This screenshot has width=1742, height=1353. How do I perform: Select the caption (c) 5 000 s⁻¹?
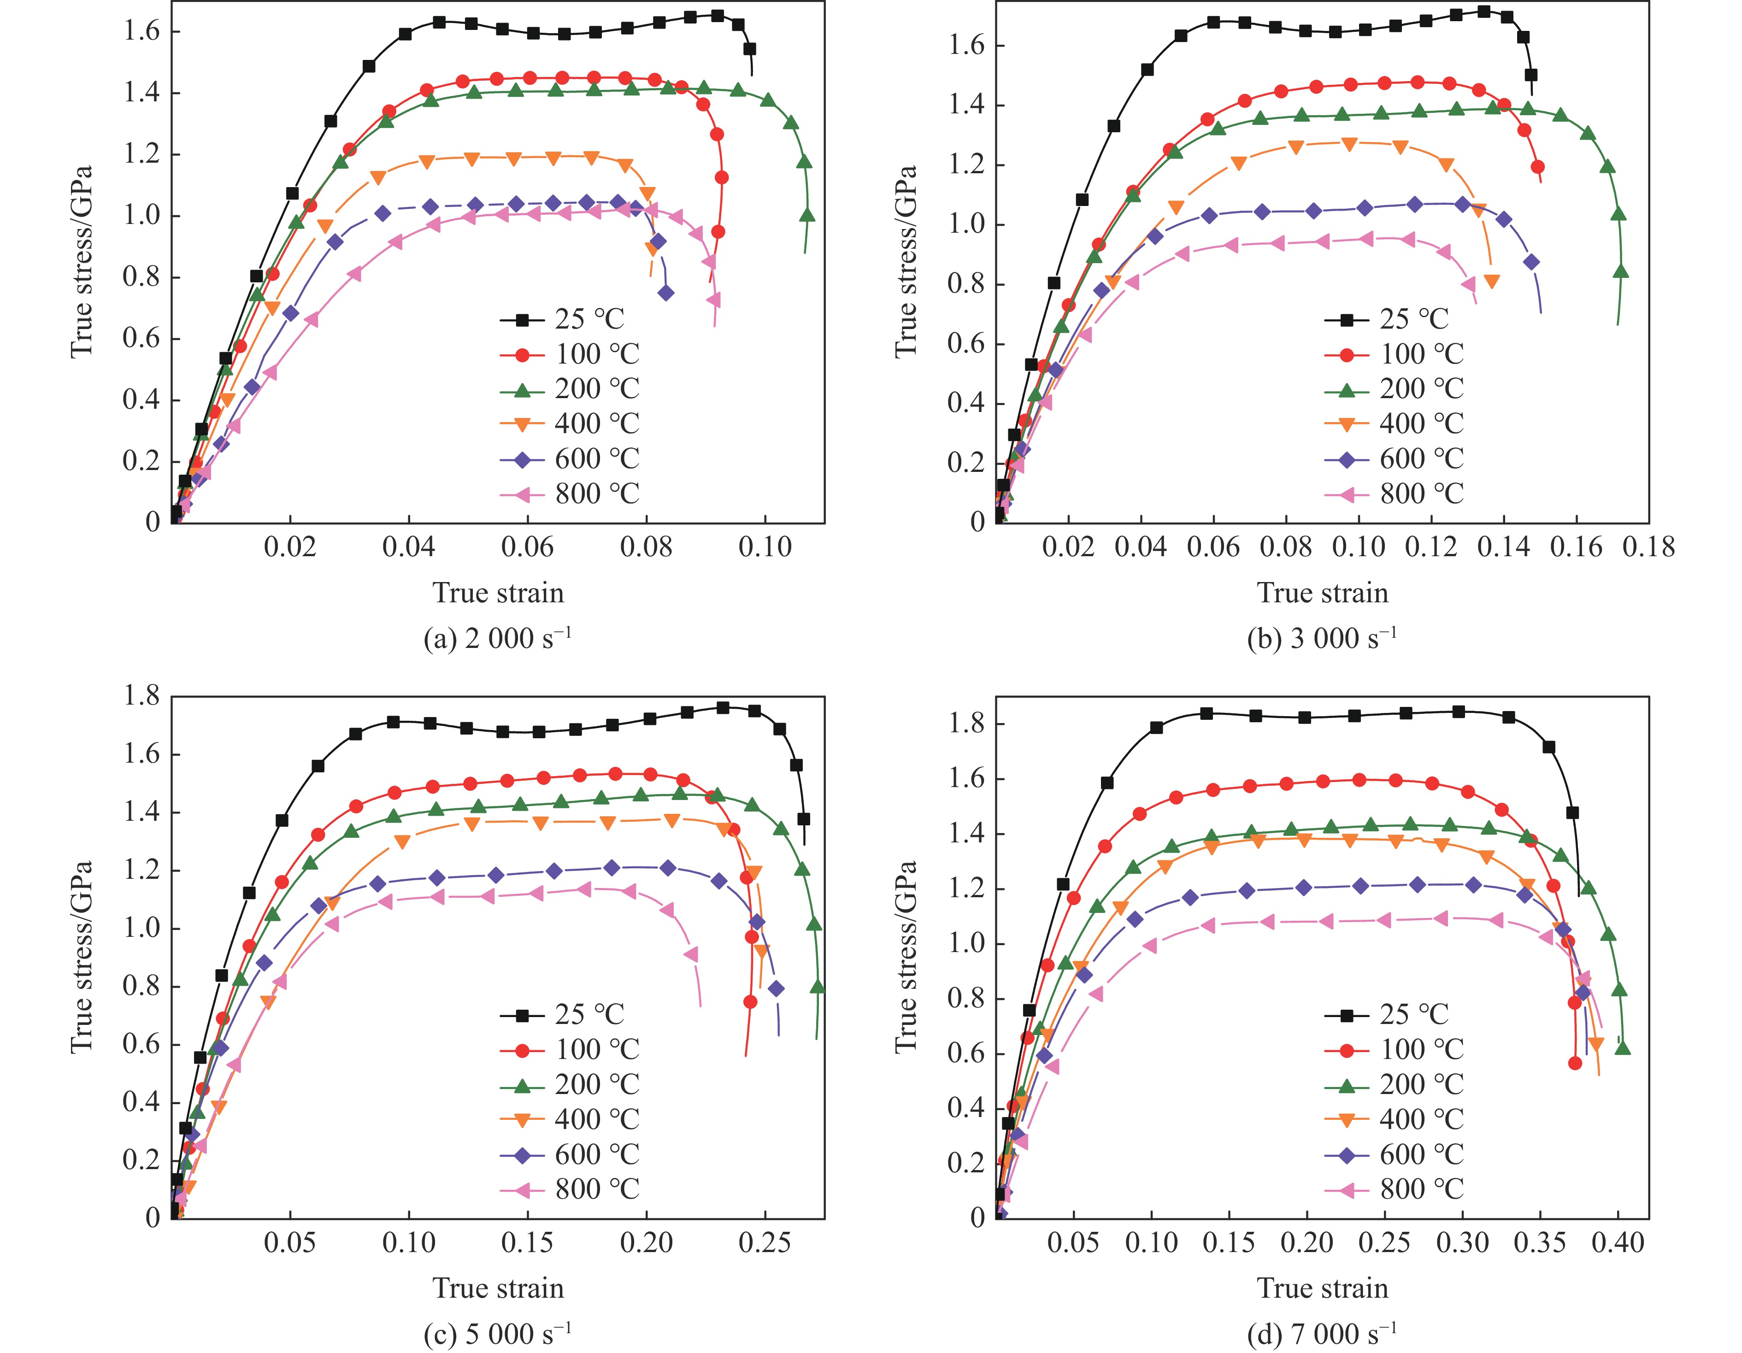498,1333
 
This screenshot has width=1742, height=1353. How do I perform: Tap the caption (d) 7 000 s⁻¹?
1322,1333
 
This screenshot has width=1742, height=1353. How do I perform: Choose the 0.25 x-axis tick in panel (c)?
765,1242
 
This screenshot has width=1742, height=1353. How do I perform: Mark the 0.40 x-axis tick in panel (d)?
1618,1242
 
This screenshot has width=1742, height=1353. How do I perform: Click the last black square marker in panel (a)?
750,49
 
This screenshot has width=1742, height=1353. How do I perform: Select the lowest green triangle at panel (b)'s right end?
1621,272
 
